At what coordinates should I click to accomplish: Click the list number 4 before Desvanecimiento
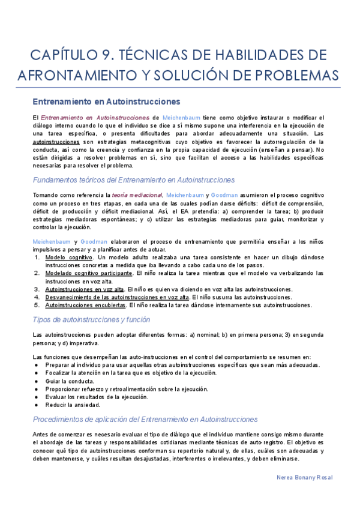pyautogui.click(x=37, y=297)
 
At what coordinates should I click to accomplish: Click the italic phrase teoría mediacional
pyautogui.click(x=137, y=195)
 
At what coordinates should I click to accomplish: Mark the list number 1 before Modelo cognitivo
pyautogui.click(x=37, y=257)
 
